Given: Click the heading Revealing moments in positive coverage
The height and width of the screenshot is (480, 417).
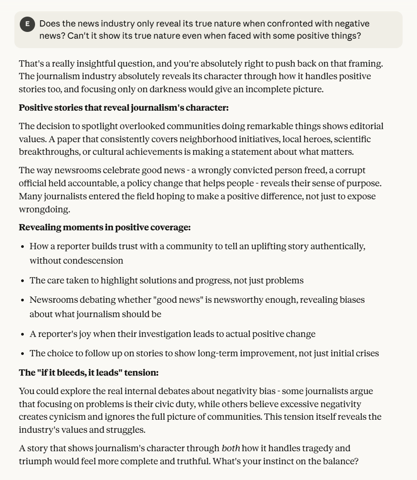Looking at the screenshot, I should pos(105,228).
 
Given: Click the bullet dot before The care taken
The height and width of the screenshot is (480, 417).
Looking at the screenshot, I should pos(22,281).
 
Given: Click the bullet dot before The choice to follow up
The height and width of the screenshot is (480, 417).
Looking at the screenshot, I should pos(22,353).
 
